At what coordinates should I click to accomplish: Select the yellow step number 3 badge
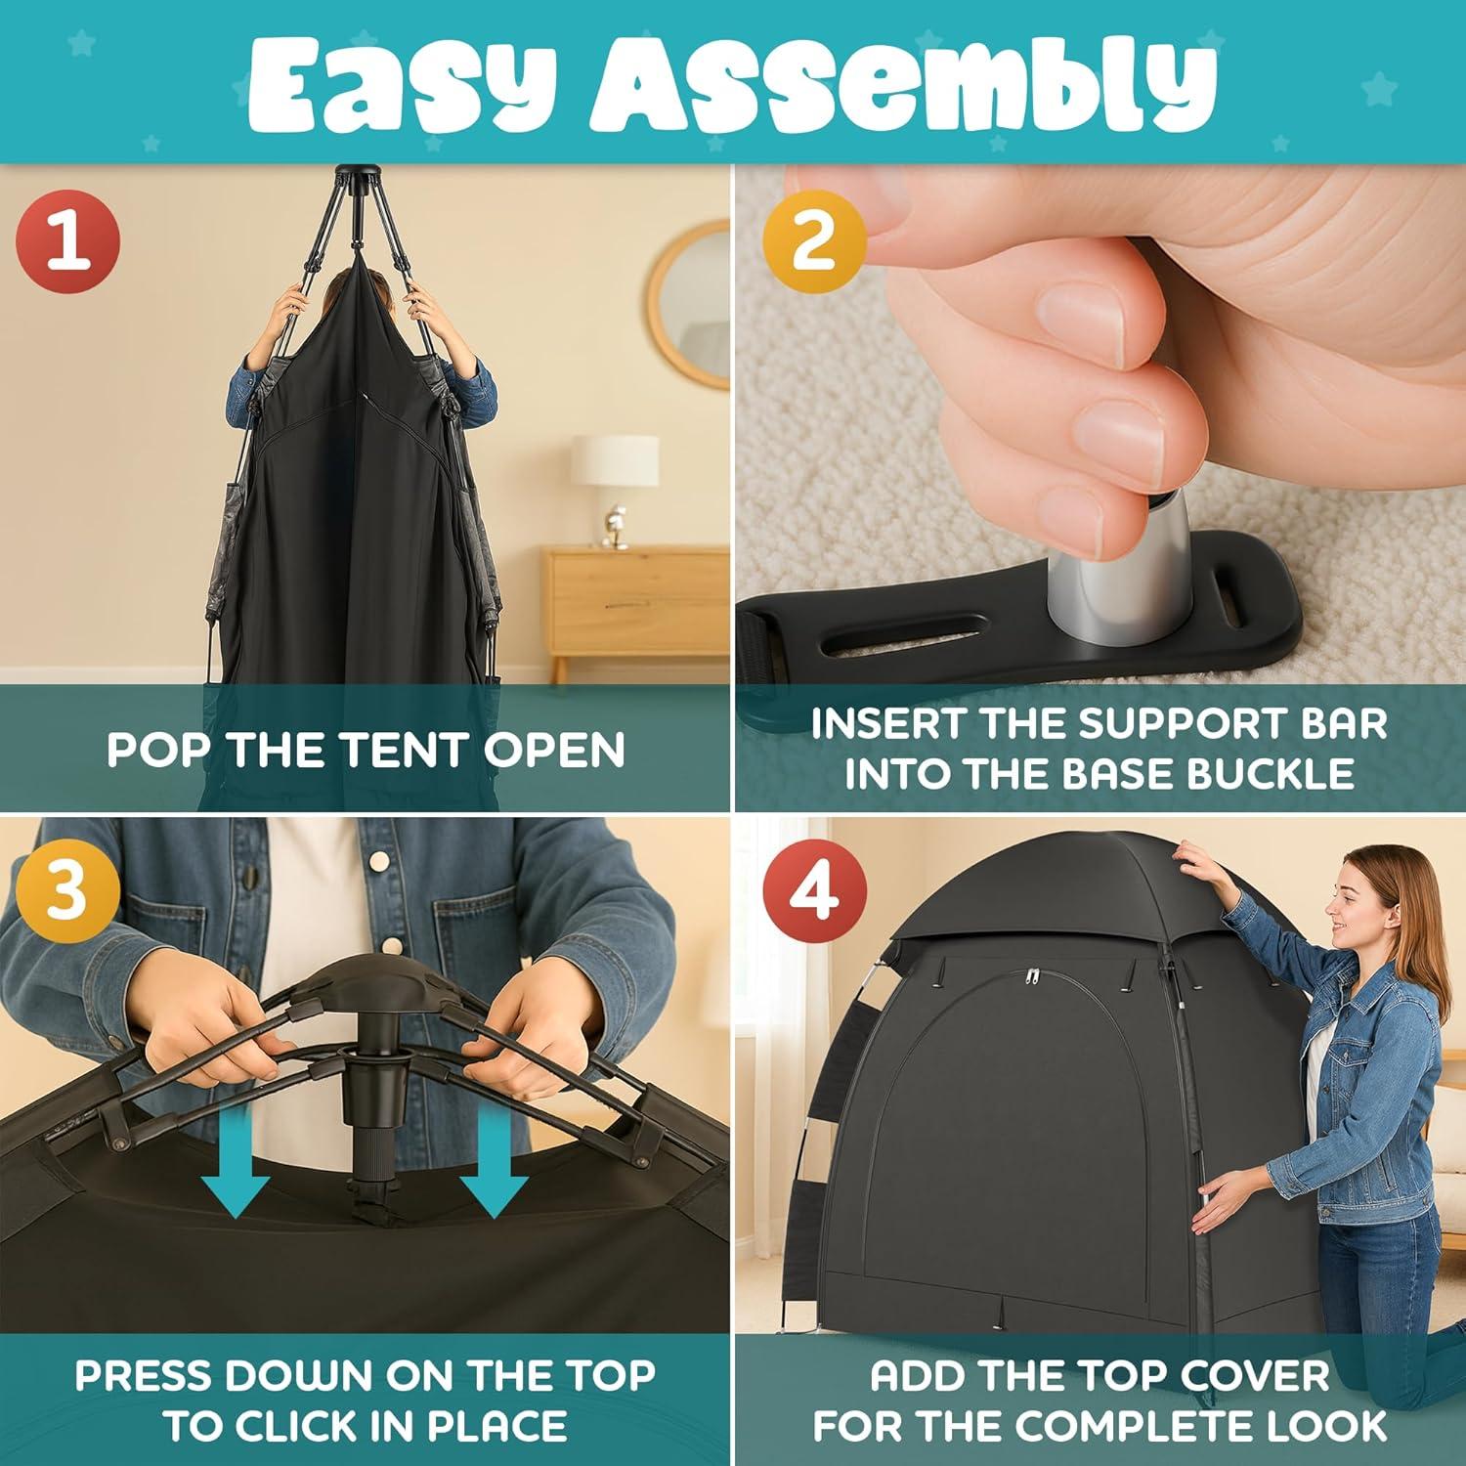(x=67, y=890)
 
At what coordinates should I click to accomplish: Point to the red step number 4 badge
(x=814, y=890)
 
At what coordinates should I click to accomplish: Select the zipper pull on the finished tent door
(x=1032, y=977)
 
